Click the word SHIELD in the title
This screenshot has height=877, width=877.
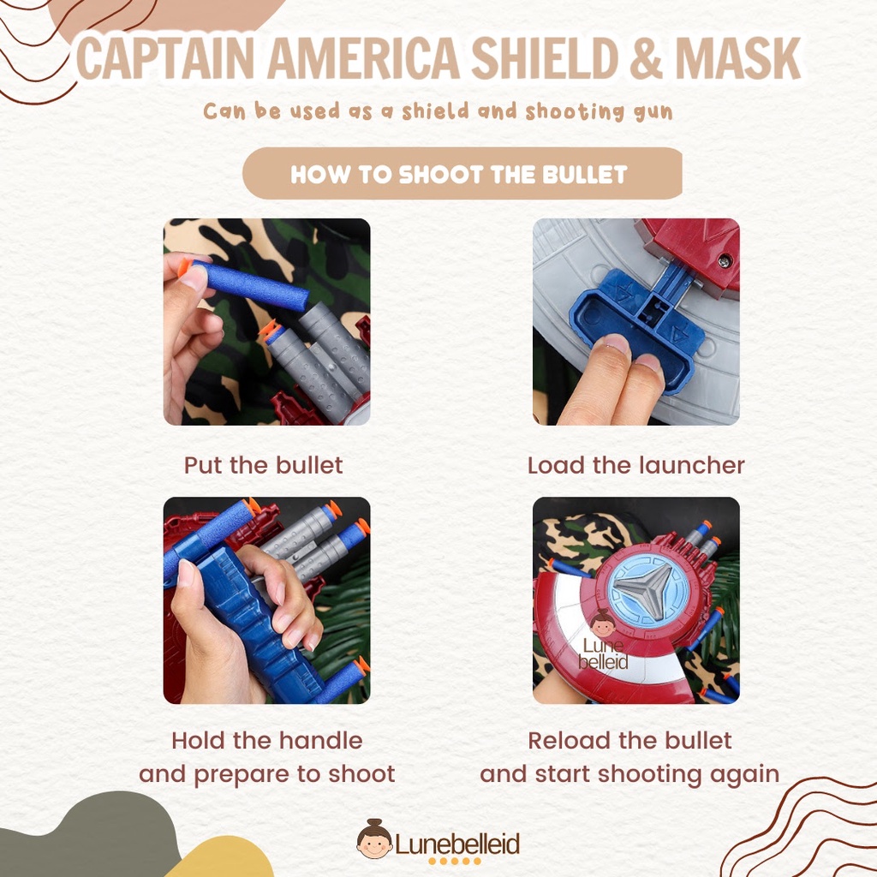pos(546,59)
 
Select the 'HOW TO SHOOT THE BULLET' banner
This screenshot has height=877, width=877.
pos(462,173)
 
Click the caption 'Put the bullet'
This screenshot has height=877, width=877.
pos(264,465)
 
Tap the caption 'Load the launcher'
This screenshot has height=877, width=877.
pos(636,465)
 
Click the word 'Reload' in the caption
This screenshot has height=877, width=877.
pos(565,741)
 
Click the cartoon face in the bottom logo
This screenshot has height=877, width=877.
pos(374,840)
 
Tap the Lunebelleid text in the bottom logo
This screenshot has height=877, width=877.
pos(457,844)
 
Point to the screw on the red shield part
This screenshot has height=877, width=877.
pos(725,260)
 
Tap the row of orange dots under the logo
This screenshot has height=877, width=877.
pos(455,862)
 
